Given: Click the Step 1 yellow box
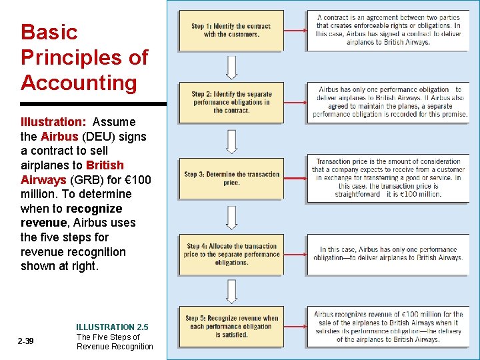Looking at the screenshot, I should (231, 31).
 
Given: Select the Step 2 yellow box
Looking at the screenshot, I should (231, 103).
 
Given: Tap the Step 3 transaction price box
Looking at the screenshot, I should (231, 178).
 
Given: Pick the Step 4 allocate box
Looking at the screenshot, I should (231, 254).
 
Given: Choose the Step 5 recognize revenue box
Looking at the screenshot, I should (231, 327).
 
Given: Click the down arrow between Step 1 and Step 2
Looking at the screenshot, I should (231, 67).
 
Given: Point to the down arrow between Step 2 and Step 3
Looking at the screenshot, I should (231, 141).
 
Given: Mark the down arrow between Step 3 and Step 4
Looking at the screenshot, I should (231, 217).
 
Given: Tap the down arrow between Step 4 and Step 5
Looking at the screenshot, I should (231, 291).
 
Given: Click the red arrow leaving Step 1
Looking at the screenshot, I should (295, 31).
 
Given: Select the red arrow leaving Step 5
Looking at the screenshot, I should (295, 327).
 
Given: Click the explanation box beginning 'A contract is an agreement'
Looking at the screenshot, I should (388, 31).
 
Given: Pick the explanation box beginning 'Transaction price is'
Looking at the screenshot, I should (388, 178).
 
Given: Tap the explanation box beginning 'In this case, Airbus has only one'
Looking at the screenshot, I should (388, 254).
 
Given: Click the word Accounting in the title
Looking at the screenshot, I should (79, 83).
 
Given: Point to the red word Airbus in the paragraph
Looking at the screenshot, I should (59, 137).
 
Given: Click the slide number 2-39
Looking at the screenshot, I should (26, 341).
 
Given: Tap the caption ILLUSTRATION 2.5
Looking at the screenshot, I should (112, 327).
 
